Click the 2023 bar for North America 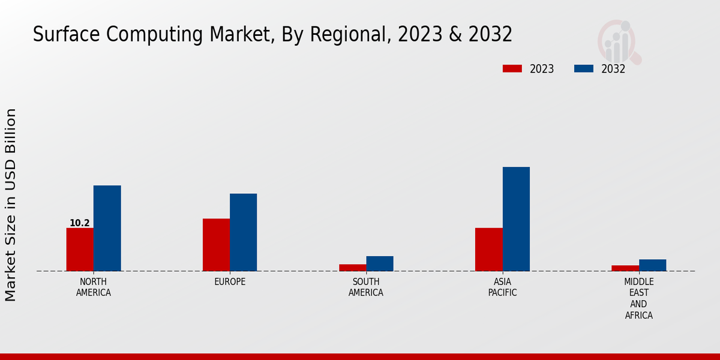(80, 250)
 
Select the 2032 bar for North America (107, 228)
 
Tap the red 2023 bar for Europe (216, 245)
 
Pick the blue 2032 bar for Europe (243, 232)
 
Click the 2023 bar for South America (352, 268)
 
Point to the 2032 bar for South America (380, 263)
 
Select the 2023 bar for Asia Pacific (488, 250)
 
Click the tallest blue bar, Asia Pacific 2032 (516, 219)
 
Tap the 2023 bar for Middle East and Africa (625, 268)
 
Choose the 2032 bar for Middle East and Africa (652, 265)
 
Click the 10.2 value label (79, 223)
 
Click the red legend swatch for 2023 (512, 69)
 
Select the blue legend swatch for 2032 (584, 69)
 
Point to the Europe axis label (230, 282)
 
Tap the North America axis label (94, 287)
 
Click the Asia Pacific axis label (502, 287)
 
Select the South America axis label (366, 287)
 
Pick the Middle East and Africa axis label (639, 299)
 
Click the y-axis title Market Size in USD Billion (11, 205)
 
